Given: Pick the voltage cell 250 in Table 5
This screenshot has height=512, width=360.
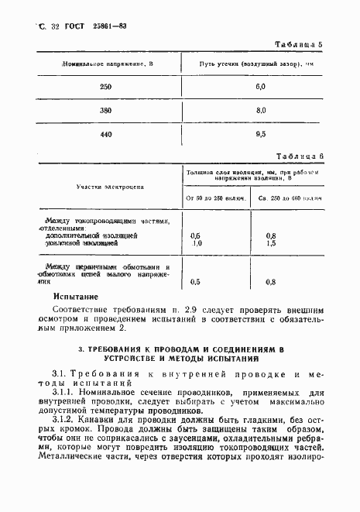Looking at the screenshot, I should point(106,87).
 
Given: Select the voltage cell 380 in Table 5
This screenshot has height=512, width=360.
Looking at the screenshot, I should point(106,111).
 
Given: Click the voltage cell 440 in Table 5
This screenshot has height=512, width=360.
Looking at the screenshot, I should point(106,135).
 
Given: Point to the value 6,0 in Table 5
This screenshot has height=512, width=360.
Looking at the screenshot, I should point(260,87).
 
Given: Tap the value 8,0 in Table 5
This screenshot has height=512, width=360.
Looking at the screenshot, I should point(260,111).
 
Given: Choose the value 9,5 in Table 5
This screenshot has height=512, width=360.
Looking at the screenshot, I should point(260,135).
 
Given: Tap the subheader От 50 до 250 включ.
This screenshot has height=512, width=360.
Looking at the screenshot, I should point(217,199).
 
